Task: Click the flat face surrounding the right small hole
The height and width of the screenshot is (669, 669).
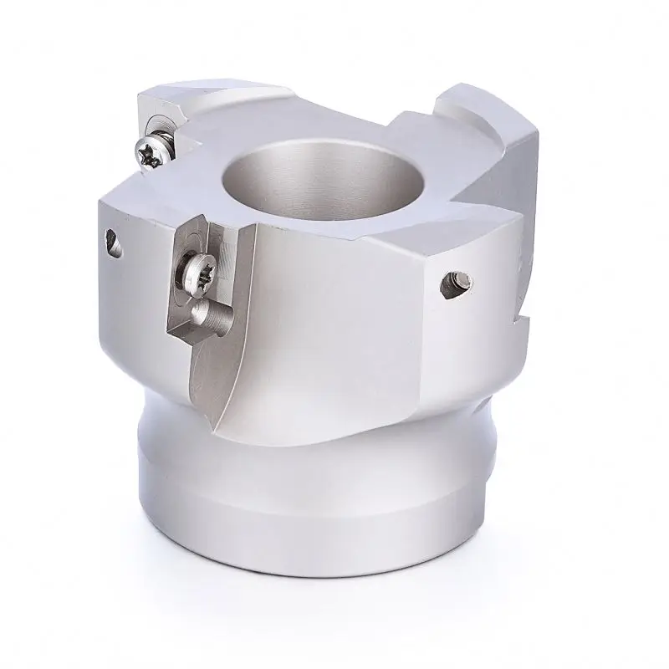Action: [x=468, y=318]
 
